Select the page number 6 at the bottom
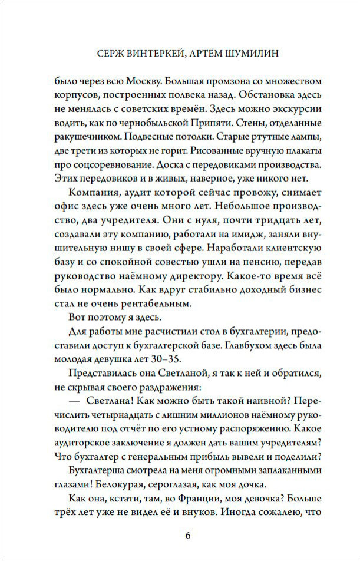[188, 535]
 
